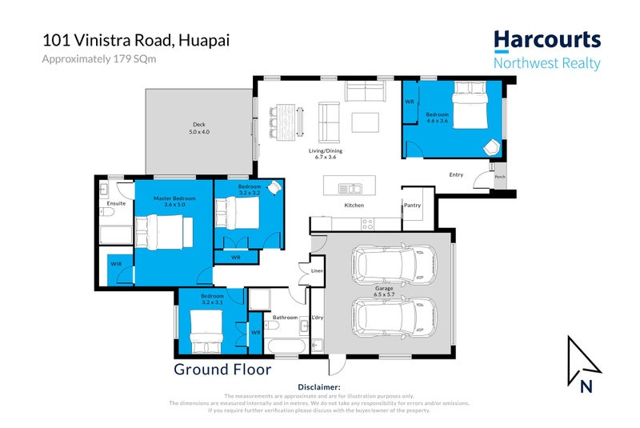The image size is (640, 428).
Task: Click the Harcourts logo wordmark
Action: (546, 40)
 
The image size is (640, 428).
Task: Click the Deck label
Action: (198, 127)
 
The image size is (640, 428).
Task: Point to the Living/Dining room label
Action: (326, 154)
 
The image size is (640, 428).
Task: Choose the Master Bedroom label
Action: (174, 201)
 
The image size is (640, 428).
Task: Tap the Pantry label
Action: (412, 206)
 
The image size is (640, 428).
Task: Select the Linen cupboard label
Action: (316, 272)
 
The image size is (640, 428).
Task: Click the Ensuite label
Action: (116, 203)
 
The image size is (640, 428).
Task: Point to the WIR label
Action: (115, 263)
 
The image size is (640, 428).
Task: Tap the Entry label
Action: (456, 174)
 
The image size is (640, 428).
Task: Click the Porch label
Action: (500, 178)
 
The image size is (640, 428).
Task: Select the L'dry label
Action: (317, 318)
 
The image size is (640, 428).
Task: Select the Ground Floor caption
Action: (222, 370)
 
